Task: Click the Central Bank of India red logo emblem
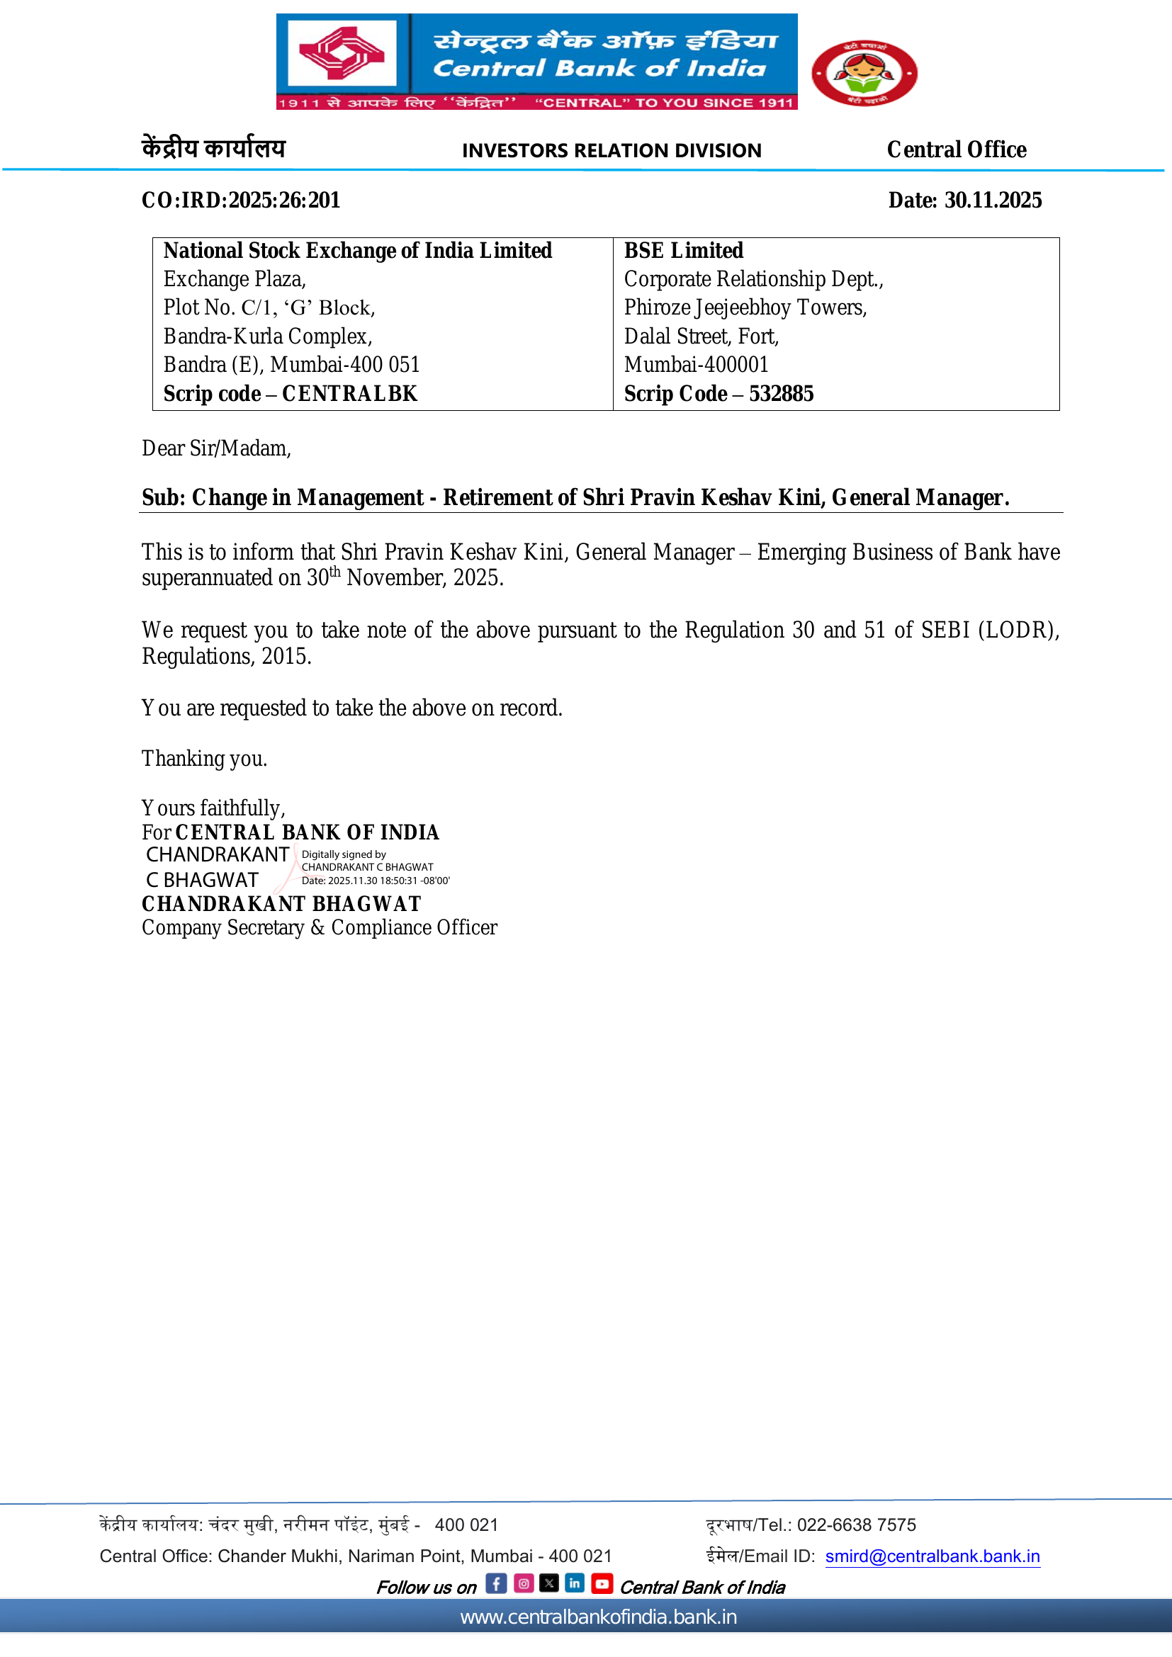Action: tap(342, 53)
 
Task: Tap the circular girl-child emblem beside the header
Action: tap(864, 73)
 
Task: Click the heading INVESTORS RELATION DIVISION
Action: tap(612, 150)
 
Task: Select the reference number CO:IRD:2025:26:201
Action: tap(240, 200)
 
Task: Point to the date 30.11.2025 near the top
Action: tap(992, 200)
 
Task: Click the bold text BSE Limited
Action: tap(682, 250)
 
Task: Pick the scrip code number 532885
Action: tap(781, 393)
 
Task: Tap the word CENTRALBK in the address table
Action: tap(349, 393)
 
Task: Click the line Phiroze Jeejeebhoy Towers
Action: tap(745, 307)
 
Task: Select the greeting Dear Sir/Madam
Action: tap(216, 448)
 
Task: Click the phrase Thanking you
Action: tap(204, 759)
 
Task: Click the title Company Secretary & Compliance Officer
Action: tap(319, 927)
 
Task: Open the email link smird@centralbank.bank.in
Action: tap(932, 1556)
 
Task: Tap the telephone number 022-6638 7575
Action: tap(856, 1525)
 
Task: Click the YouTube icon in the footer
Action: tap(601, 1583)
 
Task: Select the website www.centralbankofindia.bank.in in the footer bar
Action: tap(598, 1617)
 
